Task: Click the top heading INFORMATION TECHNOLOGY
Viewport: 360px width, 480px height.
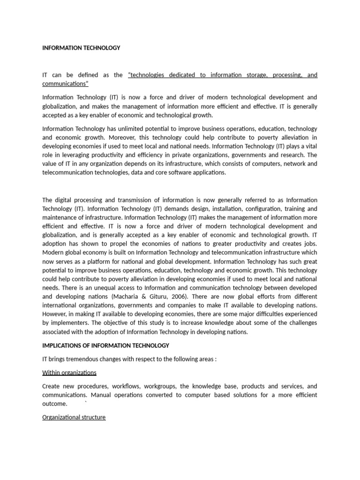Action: point(81,48)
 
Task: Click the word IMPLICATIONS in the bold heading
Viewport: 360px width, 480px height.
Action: point(63,345)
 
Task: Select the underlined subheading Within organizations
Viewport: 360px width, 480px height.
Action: point(69,373)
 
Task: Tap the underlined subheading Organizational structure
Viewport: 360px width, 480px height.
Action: point(74,417)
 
